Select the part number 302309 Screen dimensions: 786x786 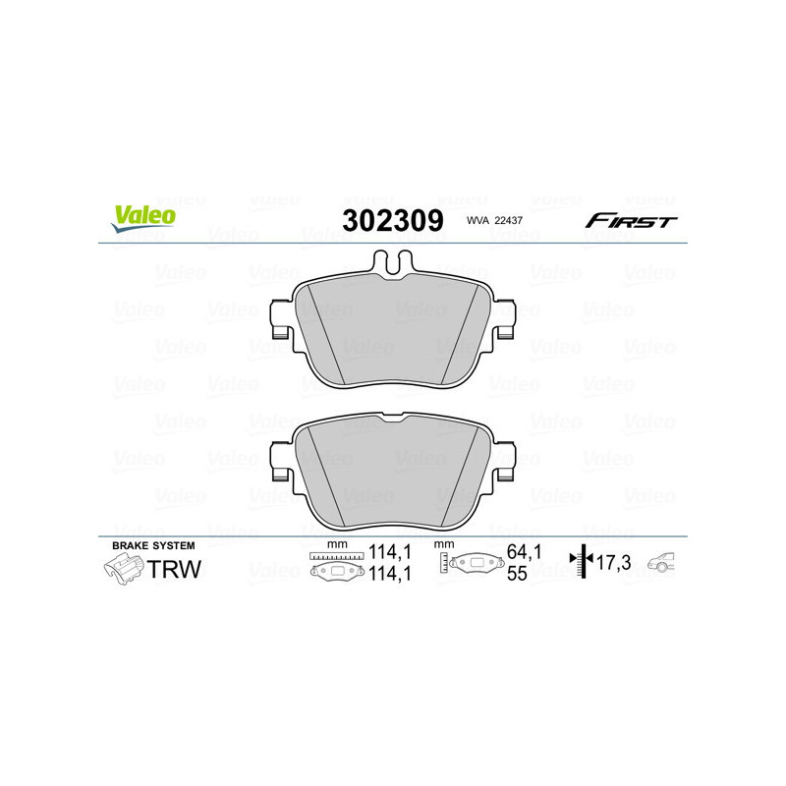pos(392,220)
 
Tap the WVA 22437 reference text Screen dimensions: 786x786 pos(495,222)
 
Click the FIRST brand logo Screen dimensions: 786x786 pos(631,221)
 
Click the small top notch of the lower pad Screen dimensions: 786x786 pos(393,420)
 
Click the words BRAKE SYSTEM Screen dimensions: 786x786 pos(153,545)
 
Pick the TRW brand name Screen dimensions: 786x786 pos(173,568)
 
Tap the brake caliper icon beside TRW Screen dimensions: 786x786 pos(123,568)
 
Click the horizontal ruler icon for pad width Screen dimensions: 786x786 pos(336,556)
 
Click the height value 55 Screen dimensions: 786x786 pos(516,575)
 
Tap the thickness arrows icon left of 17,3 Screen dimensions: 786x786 pos(584,561)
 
